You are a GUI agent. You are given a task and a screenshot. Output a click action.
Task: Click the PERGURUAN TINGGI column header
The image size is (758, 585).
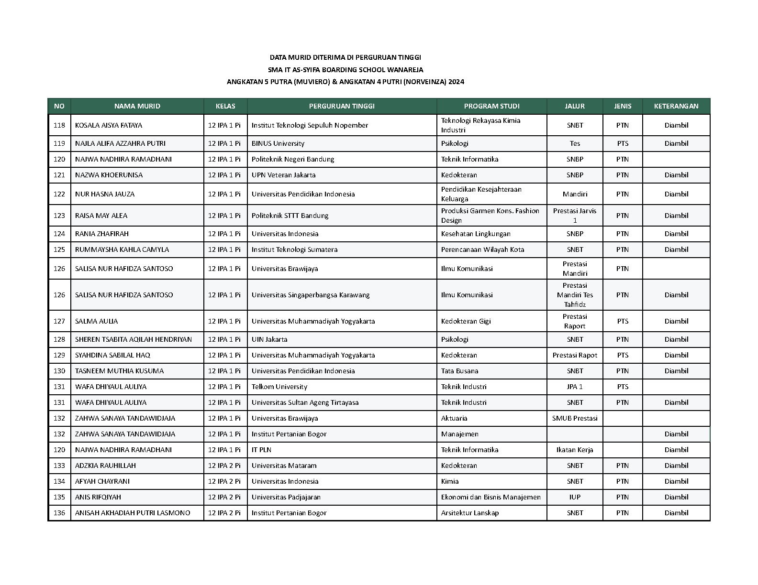[342, 106]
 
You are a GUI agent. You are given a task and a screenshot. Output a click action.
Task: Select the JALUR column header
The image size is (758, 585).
[575, 106]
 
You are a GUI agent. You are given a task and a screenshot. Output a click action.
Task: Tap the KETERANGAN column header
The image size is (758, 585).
[676, 106]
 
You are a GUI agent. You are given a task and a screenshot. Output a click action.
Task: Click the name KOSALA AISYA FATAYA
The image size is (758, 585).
[109, 125]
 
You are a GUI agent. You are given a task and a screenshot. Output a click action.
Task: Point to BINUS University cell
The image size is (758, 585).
[278, 143]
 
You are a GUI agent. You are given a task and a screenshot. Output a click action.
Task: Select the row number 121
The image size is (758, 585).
[59, 175]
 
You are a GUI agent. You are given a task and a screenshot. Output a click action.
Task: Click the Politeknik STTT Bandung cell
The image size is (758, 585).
[290, 216]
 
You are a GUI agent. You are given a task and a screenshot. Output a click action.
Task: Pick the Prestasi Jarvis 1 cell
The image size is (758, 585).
[575, 216]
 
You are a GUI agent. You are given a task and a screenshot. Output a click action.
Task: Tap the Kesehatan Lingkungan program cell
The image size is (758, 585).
[476, 234]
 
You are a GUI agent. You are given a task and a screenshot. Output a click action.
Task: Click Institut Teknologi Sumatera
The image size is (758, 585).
[294, 249]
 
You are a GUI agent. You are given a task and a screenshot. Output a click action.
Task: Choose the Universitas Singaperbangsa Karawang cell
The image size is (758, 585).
[311, 295]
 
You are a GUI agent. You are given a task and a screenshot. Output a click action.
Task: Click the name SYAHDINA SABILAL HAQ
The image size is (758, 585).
[112, 355]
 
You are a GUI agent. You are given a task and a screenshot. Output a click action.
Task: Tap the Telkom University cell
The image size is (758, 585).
[279, 387]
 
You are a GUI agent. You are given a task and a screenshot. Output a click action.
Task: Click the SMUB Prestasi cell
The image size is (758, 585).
[575, 418]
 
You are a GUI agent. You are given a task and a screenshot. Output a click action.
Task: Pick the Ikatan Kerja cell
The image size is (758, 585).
[575, 450]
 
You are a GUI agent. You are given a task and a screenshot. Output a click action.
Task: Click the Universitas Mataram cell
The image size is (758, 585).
[284, 466]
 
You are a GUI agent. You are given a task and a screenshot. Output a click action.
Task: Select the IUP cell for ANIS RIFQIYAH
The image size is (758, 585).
[575, 497]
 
